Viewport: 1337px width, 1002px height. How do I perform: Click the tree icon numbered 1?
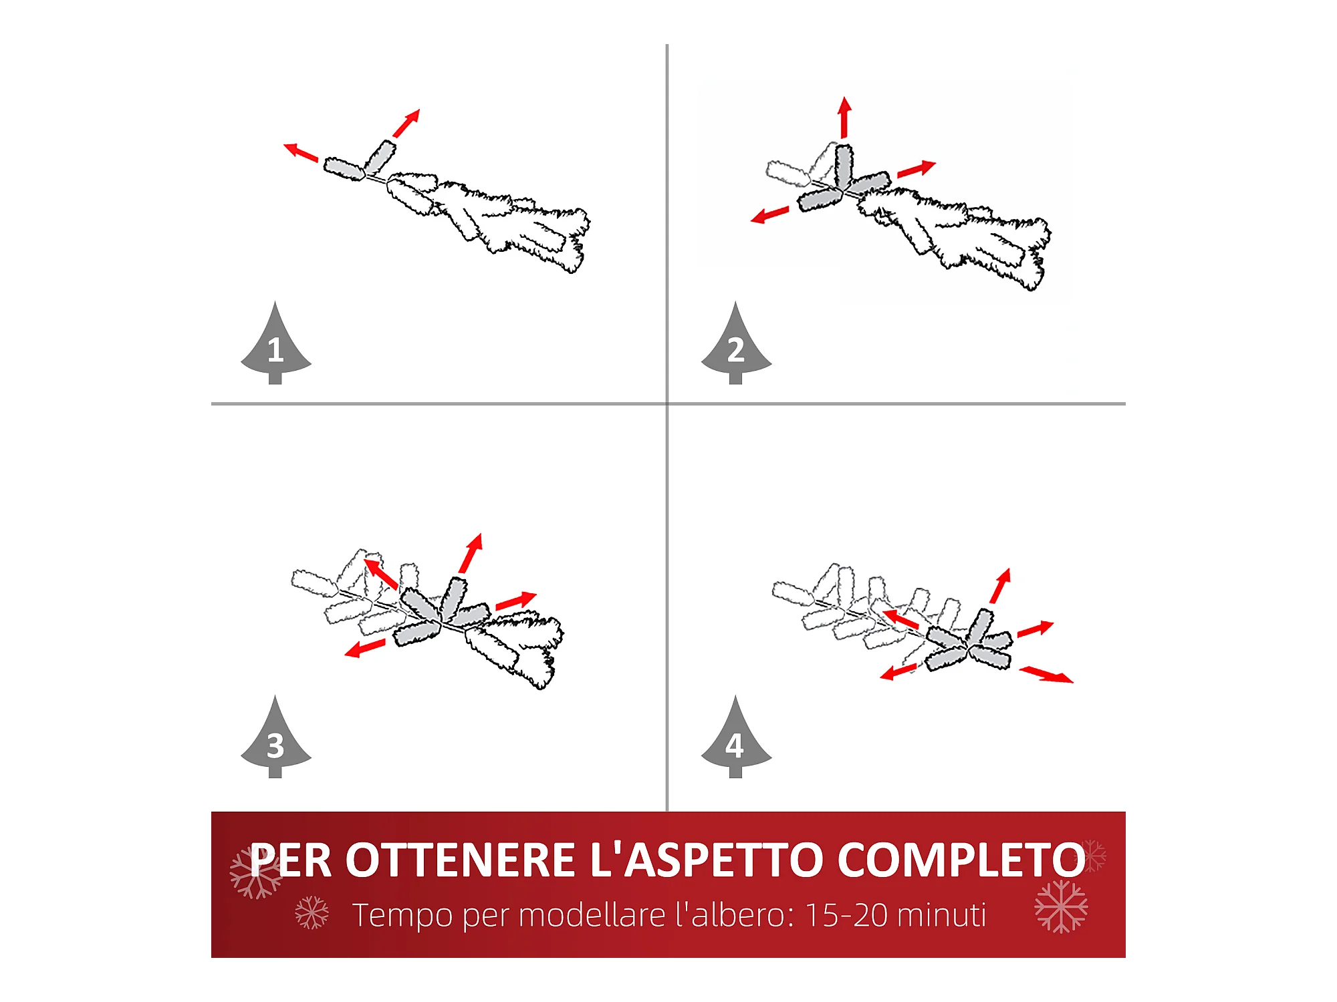click(x=275, y=347)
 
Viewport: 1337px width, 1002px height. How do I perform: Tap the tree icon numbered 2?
click(x=736, y=347)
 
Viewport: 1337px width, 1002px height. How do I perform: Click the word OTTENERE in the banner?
click(x=460, y=860)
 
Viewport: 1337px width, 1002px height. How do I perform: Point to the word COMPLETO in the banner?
click(x=961, y=860)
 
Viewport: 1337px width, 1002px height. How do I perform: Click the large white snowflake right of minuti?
click(x=1061, y=906)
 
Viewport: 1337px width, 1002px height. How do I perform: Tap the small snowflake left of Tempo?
click(x=312, y=912)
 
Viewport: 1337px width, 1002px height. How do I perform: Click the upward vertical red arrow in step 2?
click(x=844, y=118)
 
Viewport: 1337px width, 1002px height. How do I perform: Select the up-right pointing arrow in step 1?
click(x=406, y=124)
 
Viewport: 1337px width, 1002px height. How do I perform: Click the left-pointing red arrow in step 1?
click(x=301, y=152)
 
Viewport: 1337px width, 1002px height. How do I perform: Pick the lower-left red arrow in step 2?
click(x=769, y=214)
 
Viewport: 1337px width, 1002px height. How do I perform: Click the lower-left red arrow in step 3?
click(x=365, y=648)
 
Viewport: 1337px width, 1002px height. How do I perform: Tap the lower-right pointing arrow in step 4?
click(x=1046, y=674)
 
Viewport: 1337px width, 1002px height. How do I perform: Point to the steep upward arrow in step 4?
click(x=1001, y=586)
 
